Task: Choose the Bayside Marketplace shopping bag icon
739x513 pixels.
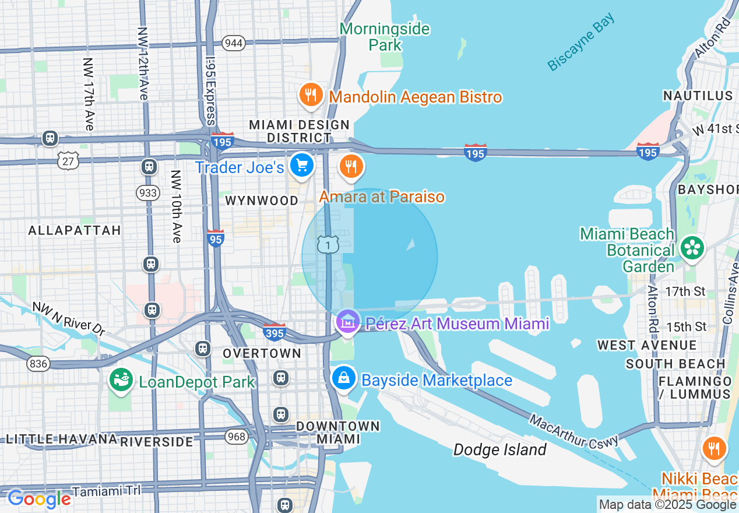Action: [344, 379]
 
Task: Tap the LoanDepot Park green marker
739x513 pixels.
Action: [121, 381]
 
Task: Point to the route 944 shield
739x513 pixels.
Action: [234, 43]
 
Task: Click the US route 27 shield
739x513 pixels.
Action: [68, 161]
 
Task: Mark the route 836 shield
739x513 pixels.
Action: [38, 363]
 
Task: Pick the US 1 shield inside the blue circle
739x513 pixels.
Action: [328, 245]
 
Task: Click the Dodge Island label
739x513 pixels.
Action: [499, 449]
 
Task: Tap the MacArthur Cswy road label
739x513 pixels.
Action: [574, 432]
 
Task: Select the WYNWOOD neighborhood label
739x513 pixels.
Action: [262, 201]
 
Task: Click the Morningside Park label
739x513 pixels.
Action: [385, 37]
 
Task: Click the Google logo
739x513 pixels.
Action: [39, 499]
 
